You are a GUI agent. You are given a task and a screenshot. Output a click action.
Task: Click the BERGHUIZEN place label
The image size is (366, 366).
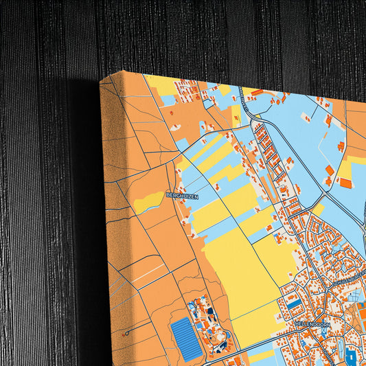183,196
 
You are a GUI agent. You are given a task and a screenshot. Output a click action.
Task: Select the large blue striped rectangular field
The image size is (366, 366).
187,338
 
